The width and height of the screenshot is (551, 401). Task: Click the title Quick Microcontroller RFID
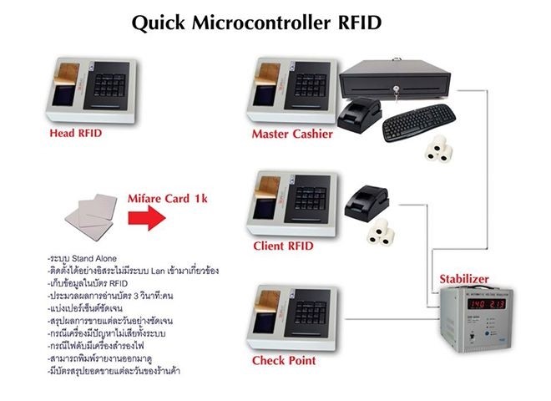click(x=256, y=24)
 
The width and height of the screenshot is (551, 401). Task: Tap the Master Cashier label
click(x=292, y=134)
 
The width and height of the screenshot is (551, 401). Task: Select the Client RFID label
click(x=284, y=247)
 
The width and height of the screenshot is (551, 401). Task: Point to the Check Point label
click(x=284, y=361)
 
